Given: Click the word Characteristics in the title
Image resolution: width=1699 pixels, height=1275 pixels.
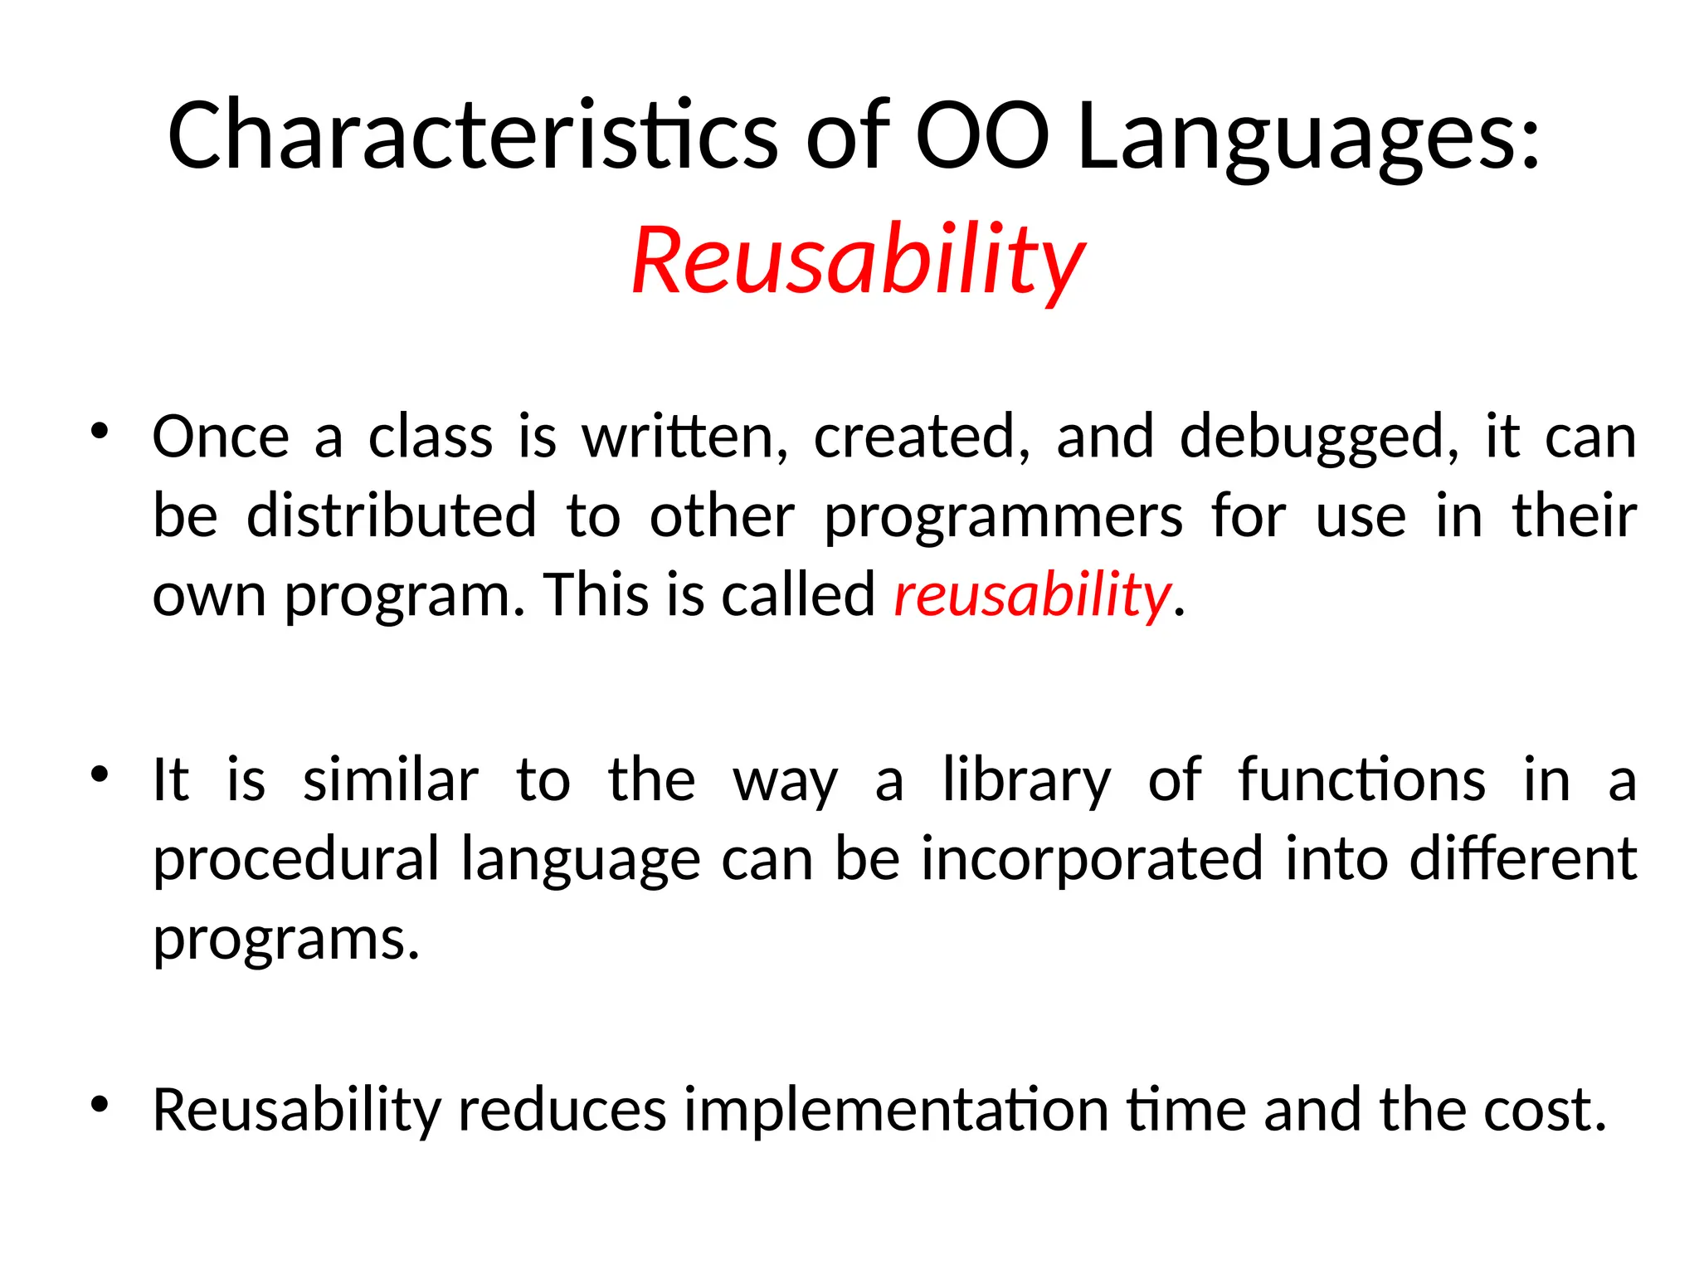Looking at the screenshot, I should tap(472, 135).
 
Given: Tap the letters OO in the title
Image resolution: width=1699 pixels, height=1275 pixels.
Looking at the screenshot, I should tap(982, 135).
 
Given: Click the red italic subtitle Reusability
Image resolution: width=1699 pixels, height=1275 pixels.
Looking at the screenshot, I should tap(858, 261).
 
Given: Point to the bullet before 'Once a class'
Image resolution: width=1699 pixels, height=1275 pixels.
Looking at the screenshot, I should tap(100, 432).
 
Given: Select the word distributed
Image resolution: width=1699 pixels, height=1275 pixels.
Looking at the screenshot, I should tap(392, 515).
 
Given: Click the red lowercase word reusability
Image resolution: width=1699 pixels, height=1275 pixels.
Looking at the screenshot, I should tap(1032, 596).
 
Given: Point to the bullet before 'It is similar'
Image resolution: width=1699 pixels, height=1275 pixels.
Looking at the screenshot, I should tap(100, 775).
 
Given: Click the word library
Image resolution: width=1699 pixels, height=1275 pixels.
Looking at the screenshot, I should tap(1026, 781).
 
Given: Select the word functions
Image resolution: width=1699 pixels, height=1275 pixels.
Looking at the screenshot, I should tap(1361, 780).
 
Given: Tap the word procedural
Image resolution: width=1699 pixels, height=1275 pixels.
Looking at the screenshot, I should tap(296, 860).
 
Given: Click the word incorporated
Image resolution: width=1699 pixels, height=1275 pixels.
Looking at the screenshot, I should tap(1093, 860).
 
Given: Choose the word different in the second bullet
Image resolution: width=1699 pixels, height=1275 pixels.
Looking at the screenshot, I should tap(1523, 858).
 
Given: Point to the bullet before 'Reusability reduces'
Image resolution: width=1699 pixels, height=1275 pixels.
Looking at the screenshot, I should tap(100, 1105).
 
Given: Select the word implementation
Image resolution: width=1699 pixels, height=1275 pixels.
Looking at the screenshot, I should tap(896, 1111).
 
